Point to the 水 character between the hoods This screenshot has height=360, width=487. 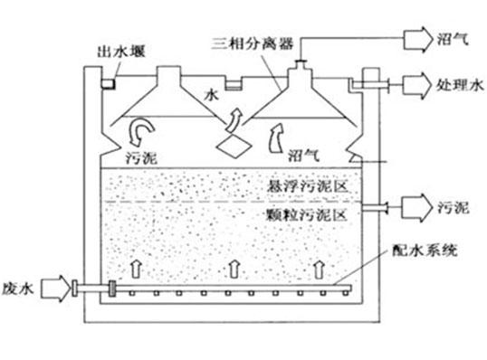point(214,91)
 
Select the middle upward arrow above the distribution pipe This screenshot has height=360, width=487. point(234,266)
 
